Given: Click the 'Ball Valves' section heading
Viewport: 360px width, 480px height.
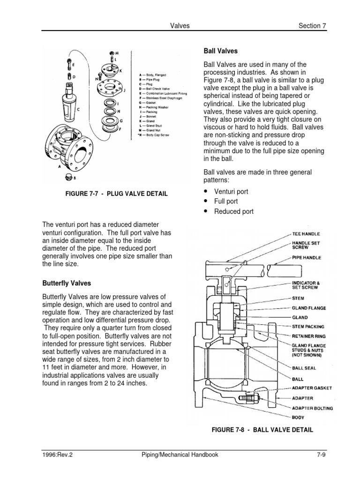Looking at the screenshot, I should point(220,51).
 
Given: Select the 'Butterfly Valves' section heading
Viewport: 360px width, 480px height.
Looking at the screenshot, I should point(66,284).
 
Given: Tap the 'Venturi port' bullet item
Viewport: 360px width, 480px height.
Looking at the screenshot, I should point(231,192).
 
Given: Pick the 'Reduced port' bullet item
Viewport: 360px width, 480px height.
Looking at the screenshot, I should point(233,211).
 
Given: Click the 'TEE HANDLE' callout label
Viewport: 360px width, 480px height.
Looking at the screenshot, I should point(307,234).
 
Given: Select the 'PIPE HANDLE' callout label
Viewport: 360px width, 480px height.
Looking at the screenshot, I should point(307,257).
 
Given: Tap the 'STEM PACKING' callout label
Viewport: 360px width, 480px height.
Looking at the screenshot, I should point(308,326).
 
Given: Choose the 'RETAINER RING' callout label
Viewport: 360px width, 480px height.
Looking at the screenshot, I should point(308,336).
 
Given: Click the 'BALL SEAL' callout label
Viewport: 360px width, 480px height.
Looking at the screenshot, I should point(304,368).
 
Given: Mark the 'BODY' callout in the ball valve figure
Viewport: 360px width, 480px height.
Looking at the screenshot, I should point(298,417).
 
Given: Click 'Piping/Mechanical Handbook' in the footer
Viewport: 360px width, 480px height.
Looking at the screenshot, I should point(180,454).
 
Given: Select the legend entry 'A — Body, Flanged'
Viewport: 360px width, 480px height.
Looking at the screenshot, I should point(152,75).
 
